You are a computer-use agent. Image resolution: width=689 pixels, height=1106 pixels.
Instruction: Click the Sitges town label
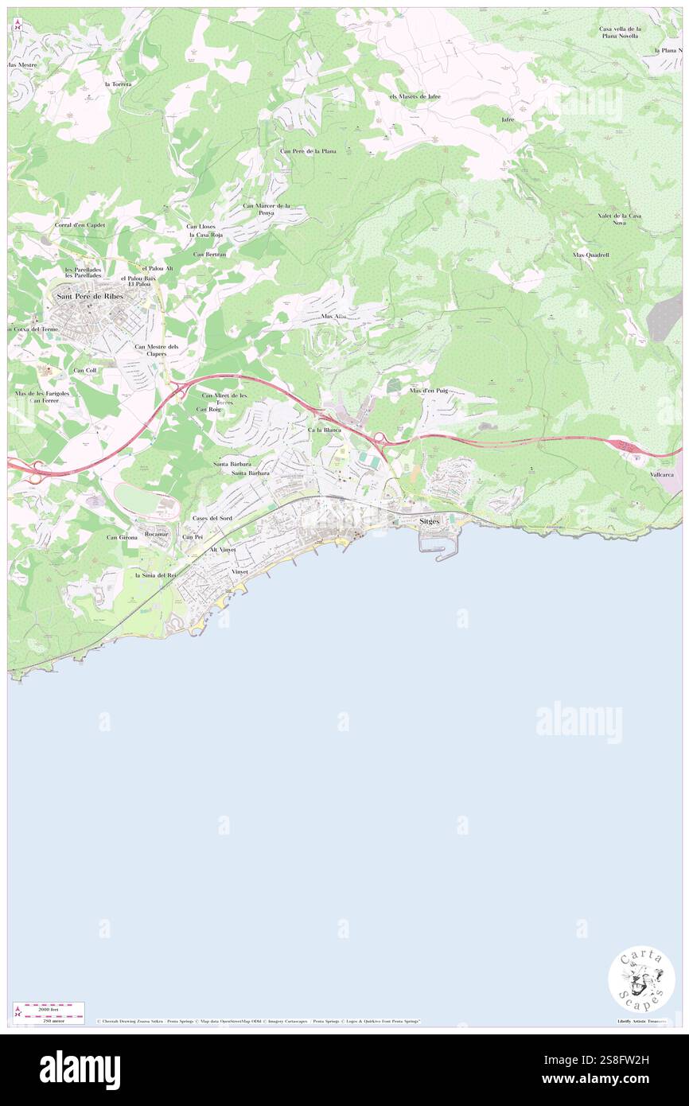[430, 520]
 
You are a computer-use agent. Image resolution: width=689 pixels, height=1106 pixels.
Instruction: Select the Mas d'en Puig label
[429, 391]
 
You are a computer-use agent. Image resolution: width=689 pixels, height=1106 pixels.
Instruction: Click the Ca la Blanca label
[324, 430]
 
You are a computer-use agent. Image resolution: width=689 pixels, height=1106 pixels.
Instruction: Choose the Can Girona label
[123, 538]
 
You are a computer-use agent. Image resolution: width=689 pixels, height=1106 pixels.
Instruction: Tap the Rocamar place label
[157, 534]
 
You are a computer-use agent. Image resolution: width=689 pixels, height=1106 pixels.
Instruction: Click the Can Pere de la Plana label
[308, 150]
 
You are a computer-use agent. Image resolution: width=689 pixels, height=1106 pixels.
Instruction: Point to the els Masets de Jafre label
[415, 96]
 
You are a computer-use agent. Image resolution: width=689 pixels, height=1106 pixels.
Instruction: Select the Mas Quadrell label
[590, 255]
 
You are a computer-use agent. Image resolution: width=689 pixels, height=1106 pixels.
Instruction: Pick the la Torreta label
[118, 84]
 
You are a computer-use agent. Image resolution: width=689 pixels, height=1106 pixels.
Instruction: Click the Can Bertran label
[210, 254]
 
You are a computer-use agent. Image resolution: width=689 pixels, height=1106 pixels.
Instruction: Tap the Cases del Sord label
[212, 518]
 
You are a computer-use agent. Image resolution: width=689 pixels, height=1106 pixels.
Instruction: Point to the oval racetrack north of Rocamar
[145, 500]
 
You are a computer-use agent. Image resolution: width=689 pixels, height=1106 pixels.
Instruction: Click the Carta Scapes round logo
[641, 979]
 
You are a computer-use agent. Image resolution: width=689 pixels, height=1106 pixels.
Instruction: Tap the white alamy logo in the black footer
[80, 1070]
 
